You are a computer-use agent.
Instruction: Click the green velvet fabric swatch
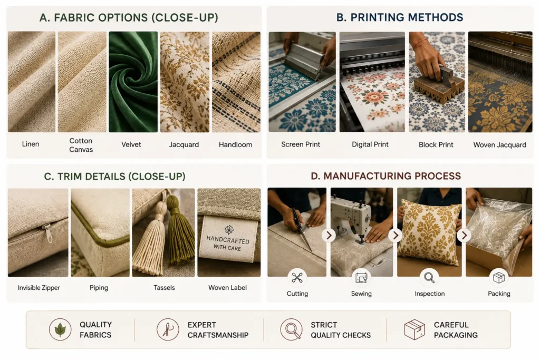(x=133, y=82)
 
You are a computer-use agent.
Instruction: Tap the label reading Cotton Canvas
(x=81, y=145)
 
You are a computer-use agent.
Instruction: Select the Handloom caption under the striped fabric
(x=236, y=144)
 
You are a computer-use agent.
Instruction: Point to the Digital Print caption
(x=370, y=144)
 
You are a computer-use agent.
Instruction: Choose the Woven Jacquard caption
(x=500, y=145)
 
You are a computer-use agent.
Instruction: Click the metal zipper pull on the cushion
(x=46, y=231)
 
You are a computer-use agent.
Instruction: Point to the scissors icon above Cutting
(x=297, y=277)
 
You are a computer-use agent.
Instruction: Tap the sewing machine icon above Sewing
(x=361, y=277)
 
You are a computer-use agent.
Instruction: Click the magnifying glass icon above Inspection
(x=429, y=277)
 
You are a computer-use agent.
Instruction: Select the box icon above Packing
(x=499, y=277)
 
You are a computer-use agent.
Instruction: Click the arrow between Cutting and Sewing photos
(x=329, y=236)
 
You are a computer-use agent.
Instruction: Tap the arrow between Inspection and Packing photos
(x=464, y=236)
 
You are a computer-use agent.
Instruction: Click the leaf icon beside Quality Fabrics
(x=60, y=329)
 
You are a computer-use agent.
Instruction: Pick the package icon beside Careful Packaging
(x=414, y=329)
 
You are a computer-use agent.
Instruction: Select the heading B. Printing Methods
(x=400, y=17)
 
